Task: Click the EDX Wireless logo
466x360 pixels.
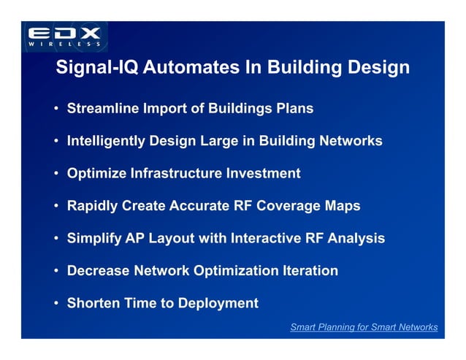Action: coord(65,37)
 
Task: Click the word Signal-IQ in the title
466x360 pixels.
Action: coord(97,68)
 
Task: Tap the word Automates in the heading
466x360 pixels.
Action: coord(184,68)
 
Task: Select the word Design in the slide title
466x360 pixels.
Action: coord(376,68)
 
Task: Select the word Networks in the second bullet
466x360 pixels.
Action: coord(348,141)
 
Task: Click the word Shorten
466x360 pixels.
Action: coord(93,303)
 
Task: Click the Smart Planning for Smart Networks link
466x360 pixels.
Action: coord(364,327)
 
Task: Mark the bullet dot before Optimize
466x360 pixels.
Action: coord(56,174)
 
